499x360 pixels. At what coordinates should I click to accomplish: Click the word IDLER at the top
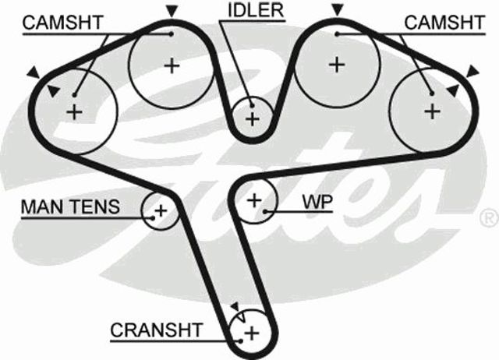point(256,10)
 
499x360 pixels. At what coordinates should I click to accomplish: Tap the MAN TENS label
point(70,206)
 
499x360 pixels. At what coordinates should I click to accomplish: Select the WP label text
point(317,202)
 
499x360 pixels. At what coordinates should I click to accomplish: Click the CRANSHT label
point(156,330)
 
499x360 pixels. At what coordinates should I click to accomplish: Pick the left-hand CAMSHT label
point(62,23)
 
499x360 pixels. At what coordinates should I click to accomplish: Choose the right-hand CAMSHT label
point(444,23)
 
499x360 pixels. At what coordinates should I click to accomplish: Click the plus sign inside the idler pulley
point(253,119)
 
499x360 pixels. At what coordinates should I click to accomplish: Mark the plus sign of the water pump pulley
point(254,200)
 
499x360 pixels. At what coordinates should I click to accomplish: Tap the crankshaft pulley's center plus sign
point(252,334)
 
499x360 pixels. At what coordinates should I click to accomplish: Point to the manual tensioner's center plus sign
point(161,210)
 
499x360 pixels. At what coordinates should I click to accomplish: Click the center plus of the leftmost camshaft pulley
point(75,112)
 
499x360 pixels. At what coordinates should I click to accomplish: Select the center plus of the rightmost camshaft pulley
point(432,111)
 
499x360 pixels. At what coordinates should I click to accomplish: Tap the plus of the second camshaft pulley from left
point(172,66)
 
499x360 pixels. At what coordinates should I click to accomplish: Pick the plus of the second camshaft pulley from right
point(337,65)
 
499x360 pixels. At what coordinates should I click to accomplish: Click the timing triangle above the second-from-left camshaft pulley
point(172,11)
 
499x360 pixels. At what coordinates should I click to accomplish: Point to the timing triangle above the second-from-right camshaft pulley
point(338,9)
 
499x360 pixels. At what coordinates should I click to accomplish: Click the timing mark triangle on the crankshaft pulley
point(236,307)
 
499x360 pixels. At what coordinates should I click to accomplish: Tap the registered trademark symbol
point(489,218)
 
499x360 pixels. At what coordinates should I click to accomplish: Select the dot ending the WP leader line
point(265,211)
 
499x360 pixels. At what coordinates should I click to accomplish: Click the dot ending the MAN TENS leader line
point(153,218)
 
